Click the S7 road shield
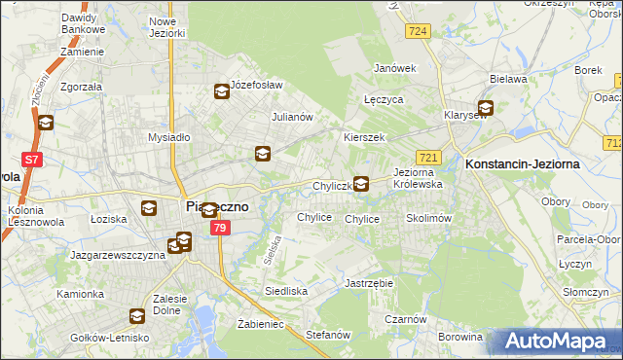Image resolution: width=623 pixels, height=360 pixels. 32,160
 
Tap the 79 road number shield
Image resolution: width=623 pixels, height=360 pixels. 220,228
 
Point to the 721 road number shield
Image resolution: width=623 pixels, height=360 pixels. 428,157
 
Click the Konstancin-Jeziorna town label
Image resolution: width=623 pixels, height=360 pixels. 523,164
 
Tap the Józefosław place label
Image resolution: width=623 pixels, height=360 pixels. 256,85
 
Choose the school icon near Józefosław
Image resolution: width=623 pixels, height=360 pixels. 221,92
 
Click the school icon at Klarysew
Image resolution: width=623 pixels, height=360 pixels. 484,109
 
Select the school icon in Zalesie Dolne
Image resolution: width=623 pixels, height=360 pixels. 137,316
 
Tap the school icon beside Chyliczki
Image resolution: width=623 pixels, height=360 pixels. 361,183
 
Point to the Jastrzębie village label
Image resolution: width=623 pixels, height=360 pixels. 369,283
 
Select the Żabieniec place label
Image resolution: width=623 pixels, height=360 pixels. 260,324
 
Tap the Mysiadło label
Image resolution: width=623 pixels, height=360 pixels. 168,137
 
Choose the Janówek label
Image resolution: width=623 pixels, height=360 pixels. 395,68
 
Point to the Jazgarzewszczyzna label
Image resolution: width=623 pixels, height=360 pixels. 115,255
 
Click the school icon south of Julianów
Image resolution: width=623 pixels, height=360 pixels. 262,153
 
